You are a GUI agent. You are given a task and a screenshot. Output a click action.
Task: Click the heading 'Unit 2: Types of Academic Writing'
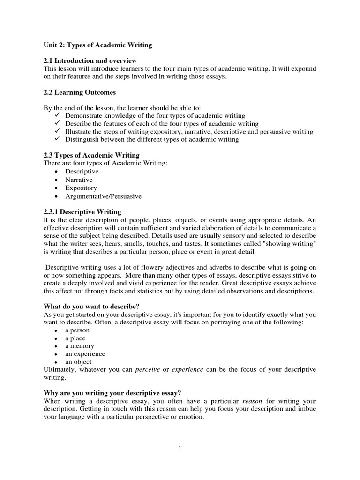[97, 45]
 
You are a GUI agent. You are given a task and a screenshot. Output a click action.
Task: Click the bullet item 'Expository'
[81, 188]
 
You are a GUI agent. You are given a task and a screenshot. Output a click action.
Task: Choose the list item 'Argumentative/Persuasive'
[103, 196]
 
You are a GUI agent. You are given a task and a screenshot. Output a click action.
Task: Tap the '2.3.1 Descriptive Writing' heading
[82, 212]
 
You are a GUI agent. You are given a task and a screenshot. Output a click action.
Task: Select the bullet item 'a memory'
[79, 346]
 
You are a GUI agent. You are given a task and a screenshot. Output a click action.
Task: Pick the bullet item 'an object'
[78, 362]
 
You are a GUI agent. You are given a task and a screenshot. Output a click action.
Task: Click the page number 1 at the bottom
[180, 448]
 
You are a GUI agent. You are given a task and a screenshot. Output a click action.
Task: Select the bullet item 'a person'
[77, 330]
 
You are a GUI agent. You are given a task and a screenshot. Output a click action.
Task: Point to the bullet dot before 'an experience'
[56, 354]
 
